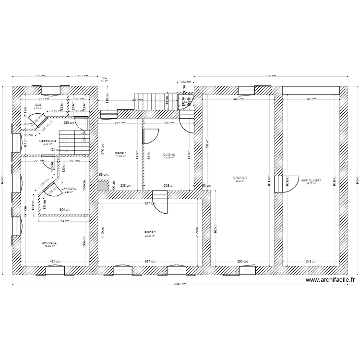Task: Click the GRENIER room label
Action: click(x=240, y=178)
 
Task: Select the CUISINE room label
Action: click(x=169, y=155)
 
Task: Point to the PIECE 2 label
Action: click(x=150, y=232)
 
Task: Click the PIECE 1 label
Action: click(x=120, y=153)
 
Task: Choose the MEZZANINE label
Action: click(x=48, y=141)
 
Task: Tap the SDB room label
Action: click(x=38, y=105)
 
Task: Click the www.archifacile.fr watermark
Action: click(x=330, y=280)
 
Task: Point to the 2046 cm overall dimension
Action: click(x=180, y=284)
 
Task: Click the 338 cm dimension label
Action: click(x=40, y=76)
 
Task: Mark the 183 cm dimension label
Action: click(x=84, y=76)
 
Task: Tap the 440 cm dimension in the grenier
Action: click(x=239, y=99)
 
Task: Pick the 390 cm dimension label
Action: click(x=243, y=262)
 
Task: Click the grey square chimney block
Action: click(x=102, y=185)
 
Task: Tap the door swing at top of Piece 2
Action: click(x=160, y=203)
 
